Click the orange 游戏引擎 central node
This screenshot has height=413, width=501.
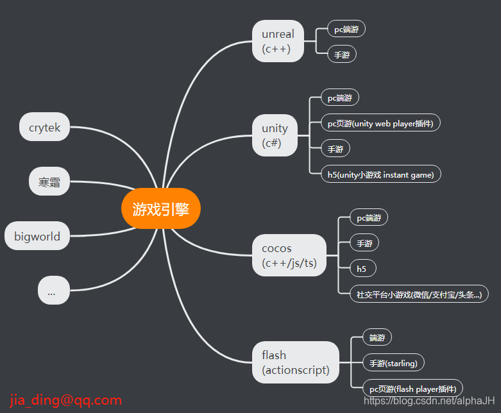pyautogui.click(x=161, y=208)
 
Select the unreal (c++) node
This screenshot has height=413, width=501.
pyautogui.click(x=278, y=41)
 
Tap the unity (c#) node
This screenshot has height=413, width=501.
pyautogui.click(x=275, y=135)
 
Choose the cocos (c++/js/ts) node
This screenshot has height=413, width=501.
pyautogui.click(x=289, y=255)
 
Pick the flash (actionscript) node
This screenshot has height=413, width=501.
pyautogui.click(x=295, y=362)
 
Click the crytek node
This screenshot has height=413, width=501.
pyautogui.click(x=44, y=128)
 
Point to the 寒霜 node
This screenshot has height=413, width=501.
pyautogui.click(x=49, y=181)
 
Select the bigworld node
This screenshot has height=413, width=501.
pyautogui.click(x=37, y=236)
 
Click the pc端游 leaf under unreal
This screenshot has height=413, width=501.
pyautogui.click(x=346, y=29)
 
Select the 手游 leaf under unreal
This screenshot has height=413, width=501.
pyautogui.click(x=342, y=55)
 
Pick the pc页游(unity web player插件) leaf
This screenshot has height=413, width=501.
pyautogui.click(x=380, y=123)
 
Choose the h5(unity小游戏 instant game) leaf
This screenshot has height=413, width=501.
pyautogui.click(x=381, y=174)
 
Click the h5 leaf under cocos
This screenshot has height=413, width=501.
pyautogui.click(x=362, y=268)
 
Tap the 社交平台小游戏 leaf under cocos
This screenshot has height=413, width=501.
pyautogui.click(x=419, y=294)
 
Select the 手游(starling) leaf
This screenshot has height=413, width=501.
pyautogui.click(x=393, y=363)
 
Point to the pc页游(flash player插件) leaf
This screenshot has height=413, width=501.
pyautogui.click(x=412, y=389)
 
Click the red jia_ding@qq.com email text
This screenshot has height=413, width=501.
pyautogui.click(x=65, y=401)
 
